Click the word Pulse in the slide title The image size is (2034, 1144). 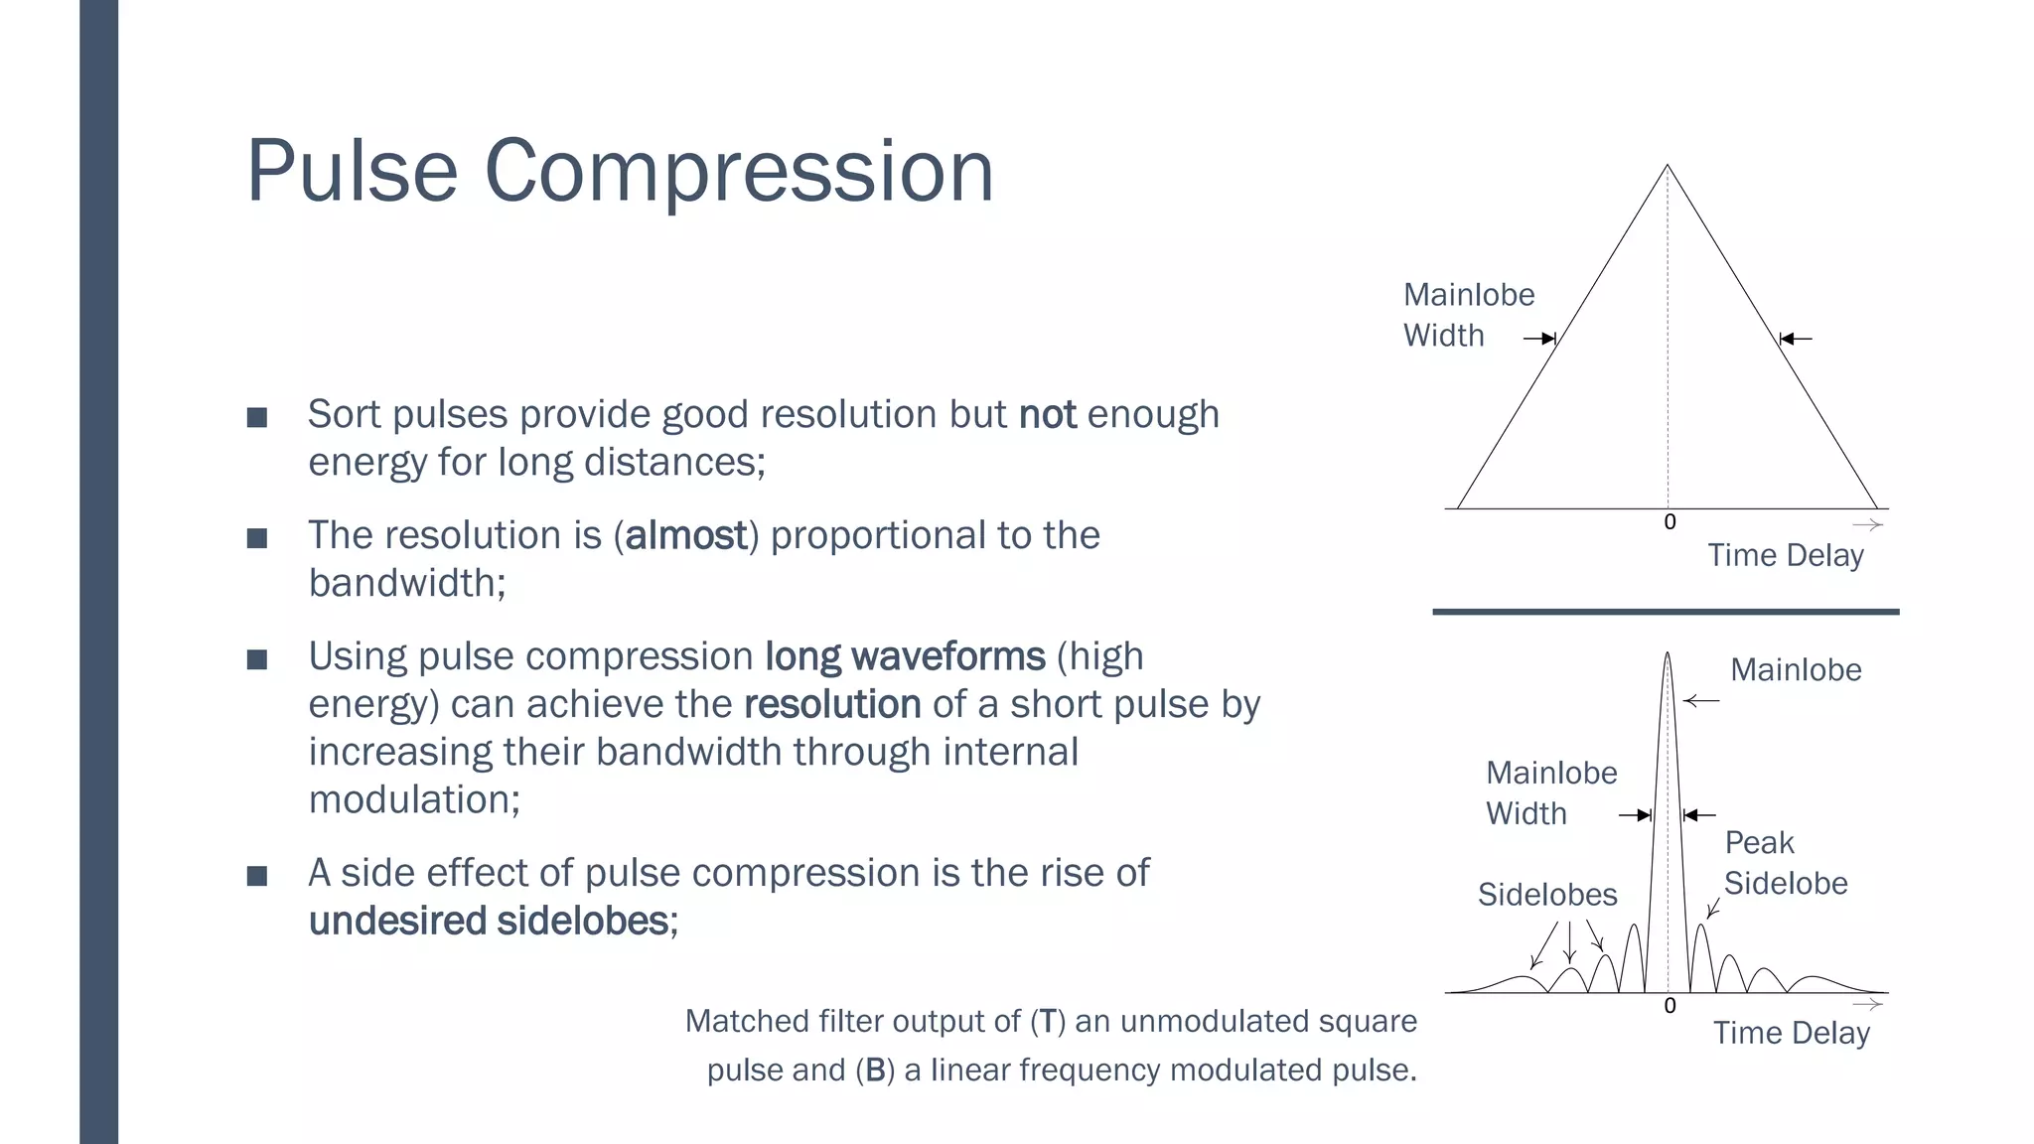[x=352, y=172]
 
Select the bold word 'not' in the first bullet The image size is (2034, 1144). [x=1048, y=414]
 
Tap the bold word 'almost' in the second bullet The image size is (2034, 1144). [x=685, y=535]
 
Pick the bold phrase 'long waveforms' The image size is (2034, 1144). [x=905, y=656]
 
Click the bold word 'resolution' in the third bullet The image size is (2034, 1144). [x=832, y=704]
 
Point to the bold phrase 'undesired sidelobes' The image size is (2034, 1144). [x=489, y=921]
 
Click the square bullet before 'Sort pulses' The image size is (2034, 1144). [x=257, y=417]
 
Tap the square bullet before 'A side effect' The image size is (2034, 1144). [x=257, y=876]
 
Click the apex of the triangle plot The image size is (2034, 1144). [x=1668, y=166]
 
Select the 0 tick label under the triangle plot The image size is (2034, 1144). [x=1670, y=522]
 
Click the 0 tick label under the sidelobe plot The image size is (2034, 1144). [x=1670, y=1006]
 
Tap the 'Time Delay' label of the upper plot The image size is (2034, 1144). [x=1785, y=555]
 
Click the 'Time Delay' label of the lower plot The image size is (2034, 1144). [x=1791, y=1033]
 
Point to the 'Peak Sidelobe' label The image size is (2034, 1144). [x=1785, y=863]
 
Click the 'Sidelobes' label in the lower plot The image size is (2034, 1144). [x=1547, y=895]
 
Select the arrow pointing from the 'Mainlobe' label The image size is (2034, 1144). [x=1701, y=701]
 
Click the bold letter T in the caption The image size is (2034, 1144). [x=1047, y=1021]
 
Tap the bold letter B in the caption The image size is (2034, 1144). [x=875, y=1070]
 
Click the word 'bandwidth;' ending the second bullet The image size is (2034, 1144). [x=407, y=583]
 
